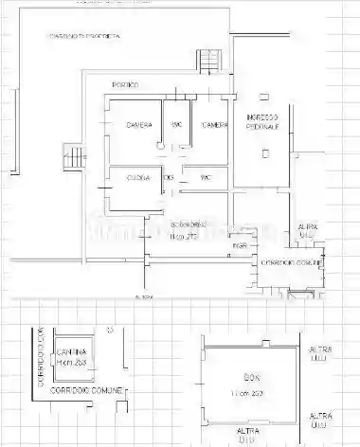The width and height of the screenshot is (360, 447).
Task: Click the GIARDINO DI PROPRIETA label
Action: tap(84, 37)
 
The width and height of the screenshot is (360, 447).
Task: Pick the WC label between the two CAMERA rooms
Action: tap(175, 126)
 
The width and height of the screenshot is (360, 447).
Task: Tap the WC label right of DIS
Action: tap(206, 177)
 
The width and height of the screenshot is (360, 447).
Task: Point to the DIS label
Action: tap(169, 178)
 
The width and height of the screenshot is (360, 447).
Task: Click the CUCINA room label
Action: tap(138, 178)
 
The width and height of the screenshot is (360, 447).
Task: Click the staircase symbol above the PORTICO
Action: tap(209, 62)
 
